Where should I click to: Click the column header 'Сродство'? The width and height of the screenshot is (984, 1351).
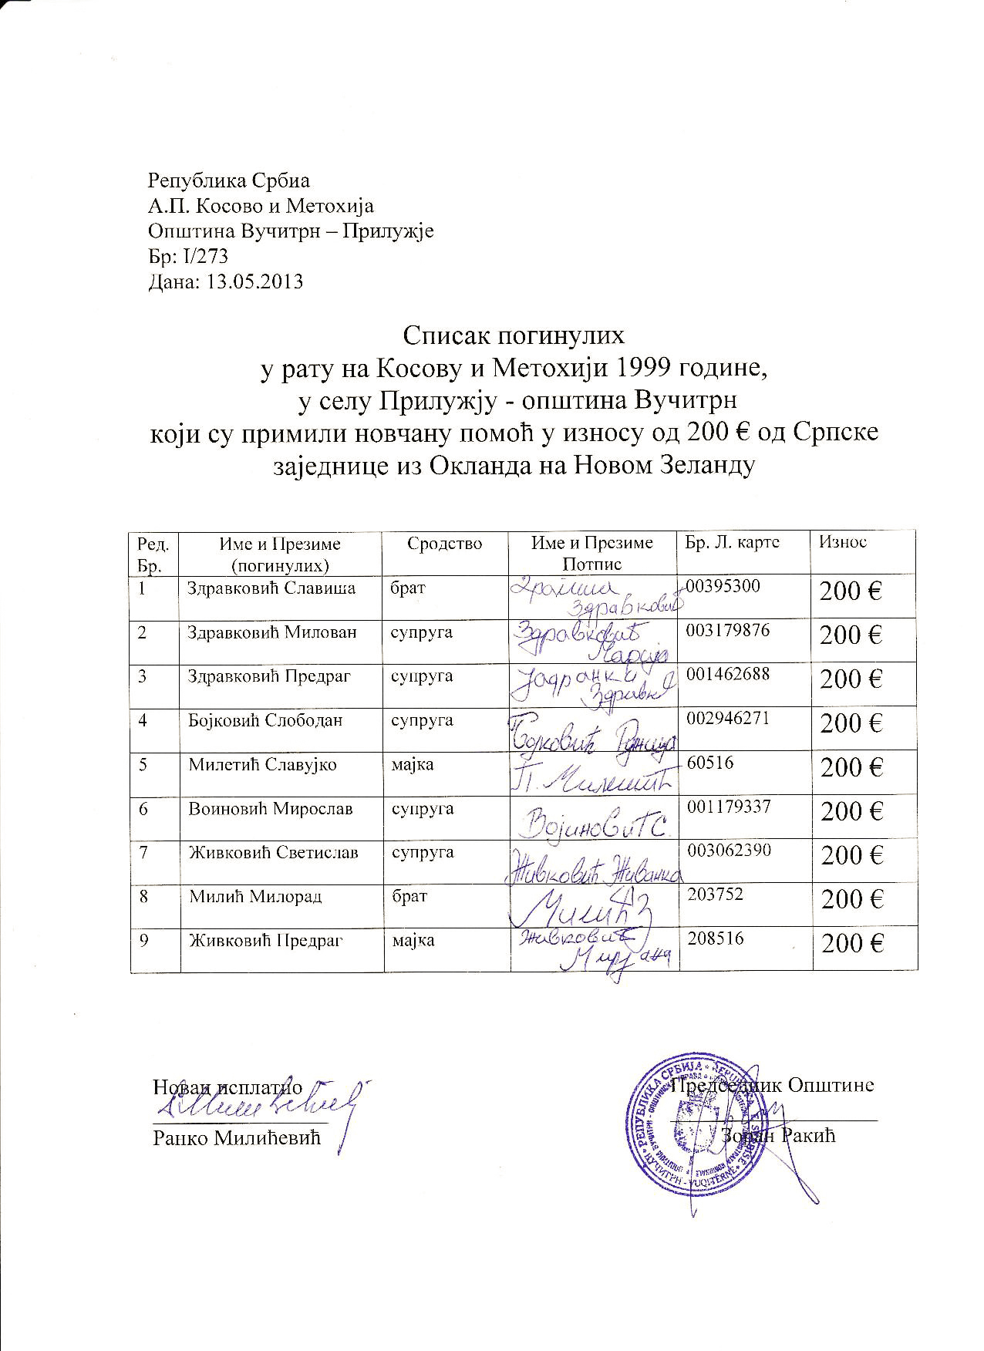pyautogui.click(x=445, y=544)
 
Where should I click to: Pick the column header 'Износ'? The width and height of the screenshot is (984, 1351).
pyautogui.click(x=843, y=542)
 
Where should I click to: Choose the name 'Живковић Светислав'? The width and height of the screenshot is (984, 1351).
pyautogui.click(x=274, y=853)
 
